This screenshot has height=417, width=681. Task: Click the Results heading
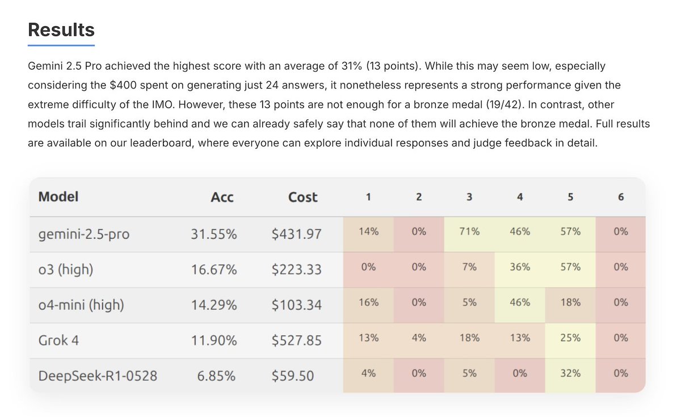(61, 30)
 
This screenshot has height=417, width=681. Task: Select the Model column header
(58, 197)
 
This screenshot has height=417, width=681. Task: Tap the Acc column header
(222, 197)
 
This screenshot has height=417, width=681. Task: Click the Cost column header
(302, 197)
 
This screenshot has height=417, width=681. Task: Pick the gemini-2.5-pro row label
(83, 233)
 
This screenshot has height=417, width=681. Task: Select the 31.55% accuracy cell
(214, 233)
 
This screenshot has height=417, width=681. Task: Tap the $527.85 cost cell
(296, 340)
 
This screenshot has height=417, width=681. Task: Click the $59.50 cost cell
(292, 375)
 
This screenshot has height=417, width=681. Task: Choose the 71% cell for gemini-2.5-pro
(469, 231)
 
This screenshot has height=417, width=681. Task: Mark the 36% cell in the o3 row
(520, 267)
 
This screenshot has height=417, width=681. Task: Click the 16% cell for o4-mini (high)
(368, 302)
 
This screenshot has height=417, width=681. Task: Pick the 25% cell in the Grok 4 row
(570, 338)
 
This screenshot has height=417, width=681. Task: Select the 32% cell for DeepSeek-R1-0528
(570, 373)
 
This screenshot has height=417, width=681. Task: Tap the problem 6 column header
(621, 197)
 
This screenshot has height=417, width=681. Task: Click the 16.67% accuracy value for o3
(214, 269)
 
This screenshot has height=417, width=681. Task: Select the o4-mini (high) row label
(81, 305)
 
